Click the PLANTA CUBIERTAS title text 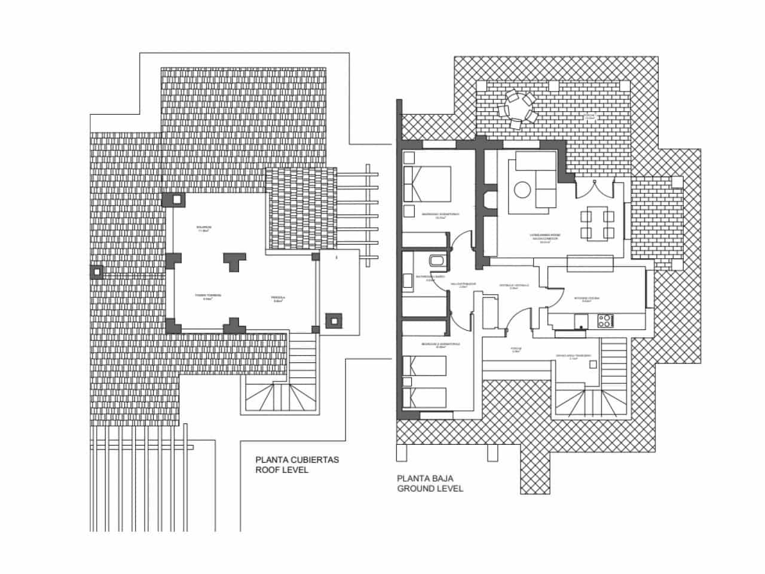297,460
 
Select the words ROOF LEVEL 281,471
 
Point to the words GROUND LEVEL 430,488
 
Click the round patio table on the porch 515,109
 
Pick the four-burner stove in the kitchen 605,320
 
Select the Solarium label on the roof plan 204,228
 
